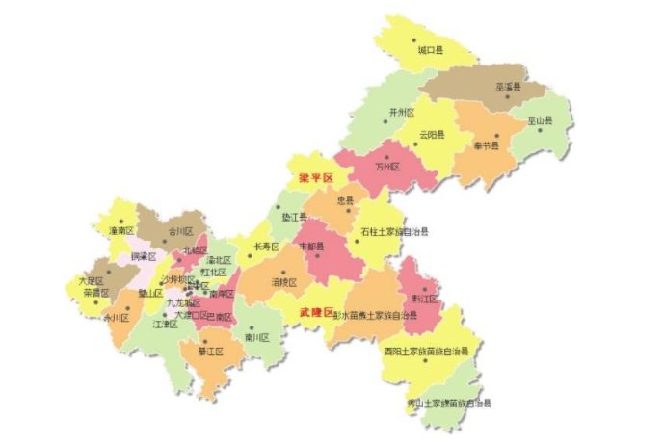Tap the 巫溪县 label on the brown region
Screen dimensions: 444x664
point(508,87)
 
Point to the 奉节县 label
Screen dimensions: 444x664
point(487,146)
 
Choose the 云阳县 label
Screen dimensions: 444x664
point(433,136)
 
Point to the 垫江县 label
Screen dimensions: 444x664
point(295,218)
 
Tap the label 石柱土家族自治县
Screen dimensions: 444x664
point(394,232)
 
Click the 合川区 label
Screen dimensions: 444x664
point(181,232)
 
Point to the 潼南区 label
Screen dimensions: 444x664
point(121,231)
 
